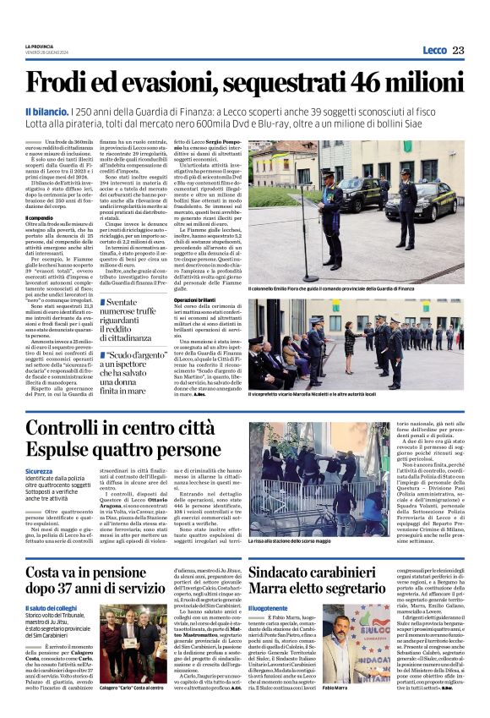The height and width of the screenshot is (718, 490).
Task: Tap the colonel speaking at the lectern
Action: point(329,203)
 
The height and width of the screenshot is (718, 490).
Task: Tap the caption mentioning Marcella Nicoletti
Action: point(320,394)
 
